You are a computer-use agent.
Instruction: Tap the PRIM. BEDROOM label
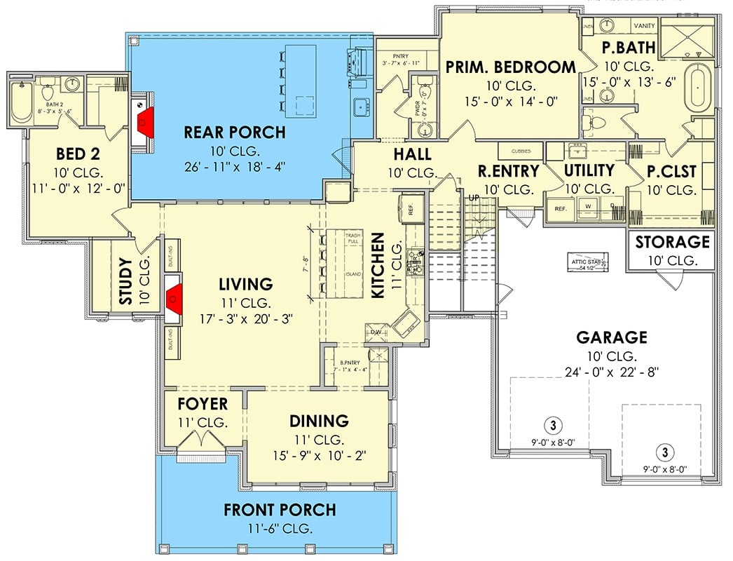[511, 67]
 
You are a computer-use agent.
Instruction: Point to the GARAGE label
[611, 338]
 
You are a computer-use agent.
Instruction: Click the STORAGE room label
[672, 243]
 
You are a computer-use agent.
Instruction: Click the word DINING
[319, 421]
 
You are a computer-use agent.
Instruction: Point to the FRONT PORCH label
[280, 510]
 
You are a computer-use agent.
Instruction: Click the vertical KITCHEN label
[378, 266]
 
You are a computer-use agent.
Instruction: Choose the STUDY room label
[125, 281]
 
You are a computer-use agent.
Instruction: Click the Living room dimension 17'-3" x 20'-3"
[245, 318]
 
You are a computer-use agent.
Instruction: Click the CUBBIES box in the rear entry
[520, 151]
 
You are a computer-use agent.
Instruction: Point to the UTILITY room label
[589, 170]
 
